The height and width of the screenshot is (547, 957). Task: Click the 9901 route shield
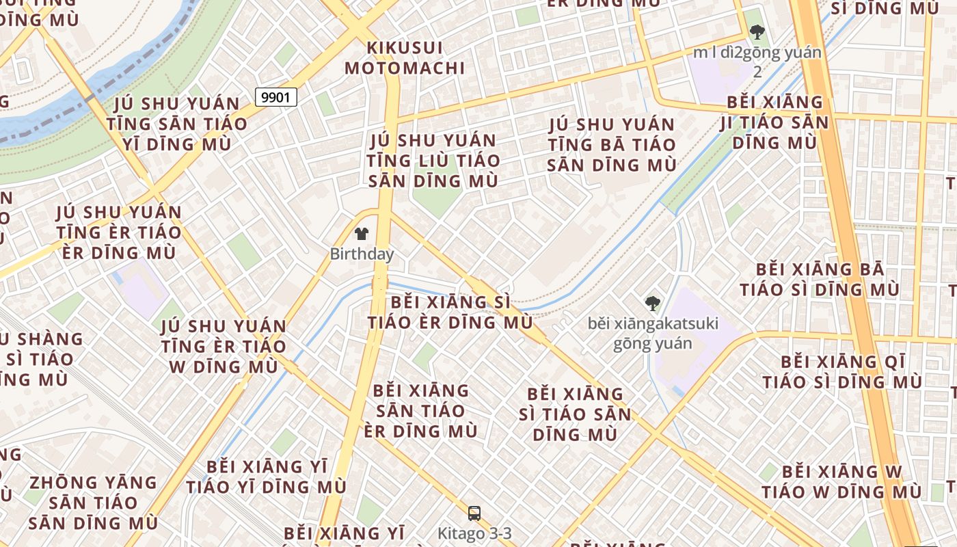pyautogui.click(x=276, y=97)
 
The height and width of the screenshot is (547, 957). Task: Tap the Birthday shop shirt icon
pyautogui.click(x=362, y=235)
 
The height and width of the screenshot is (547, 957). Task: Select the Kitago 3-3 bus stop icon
pyautogui.click(x=474, y=513)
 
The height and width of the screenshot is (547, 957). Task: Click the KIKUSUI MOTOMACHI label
pyautogui.click(x=405, y=58)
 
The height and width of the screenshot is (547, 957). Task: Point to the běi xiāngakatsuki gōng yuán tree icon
pyautogui.click(x=653, y=303)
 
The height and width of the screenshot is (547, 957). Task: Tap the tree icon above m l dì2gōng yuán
pyautogui.click(x=757, y=31)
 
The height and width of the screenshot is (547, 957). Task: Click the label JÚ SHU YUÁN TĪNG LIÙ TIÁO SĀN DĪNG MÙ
pyautogui.click(x=432, y=161)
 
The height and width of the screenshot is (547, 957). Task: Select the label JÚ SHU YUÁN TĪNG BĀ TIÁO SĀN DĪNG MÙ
pyautogui.click(x=612, y=145)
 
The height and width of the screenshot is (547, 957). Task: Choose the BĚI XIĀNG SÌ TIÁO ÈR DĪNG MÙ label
pyautogui.click(x=450, y=312)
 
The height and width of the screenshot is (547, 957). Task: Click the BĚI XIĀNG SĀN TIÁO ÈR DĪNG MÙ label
pyautogui.click(x=421, y=411)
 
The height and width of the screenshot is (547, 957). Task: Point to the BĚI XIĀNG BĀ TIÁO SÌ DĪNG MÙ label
pyautogui.click(x=820, y=279)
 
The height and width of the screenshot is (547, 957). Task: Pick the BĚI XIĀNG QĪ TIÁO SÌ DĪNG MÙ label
pyautogui.click(x=842, y=371)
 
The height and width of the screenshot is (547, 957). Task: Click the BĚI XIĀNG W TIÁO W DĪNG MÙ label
pyautogui.click(x=841, y=481)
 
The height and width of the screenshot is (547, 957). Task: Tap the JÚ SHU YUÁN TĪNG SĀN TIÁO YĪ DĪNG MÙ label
pyautogui.click(x=176, y=124)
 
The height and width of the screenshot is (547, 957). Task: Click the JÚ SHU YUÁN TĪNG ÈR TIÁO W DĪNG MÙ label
pyautogui.click(x=223, y=346)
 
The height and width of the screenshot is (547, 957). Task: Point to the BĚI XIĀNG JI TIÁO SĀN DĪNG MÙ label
pyautogui.click(x=774, y=122)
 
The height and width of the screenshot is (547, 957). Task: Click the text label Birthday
pyautogui.click(x=362, y=254)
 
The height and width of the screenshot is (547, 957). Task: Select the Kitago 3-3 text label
pyautogui.click(x=474, y=533)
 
